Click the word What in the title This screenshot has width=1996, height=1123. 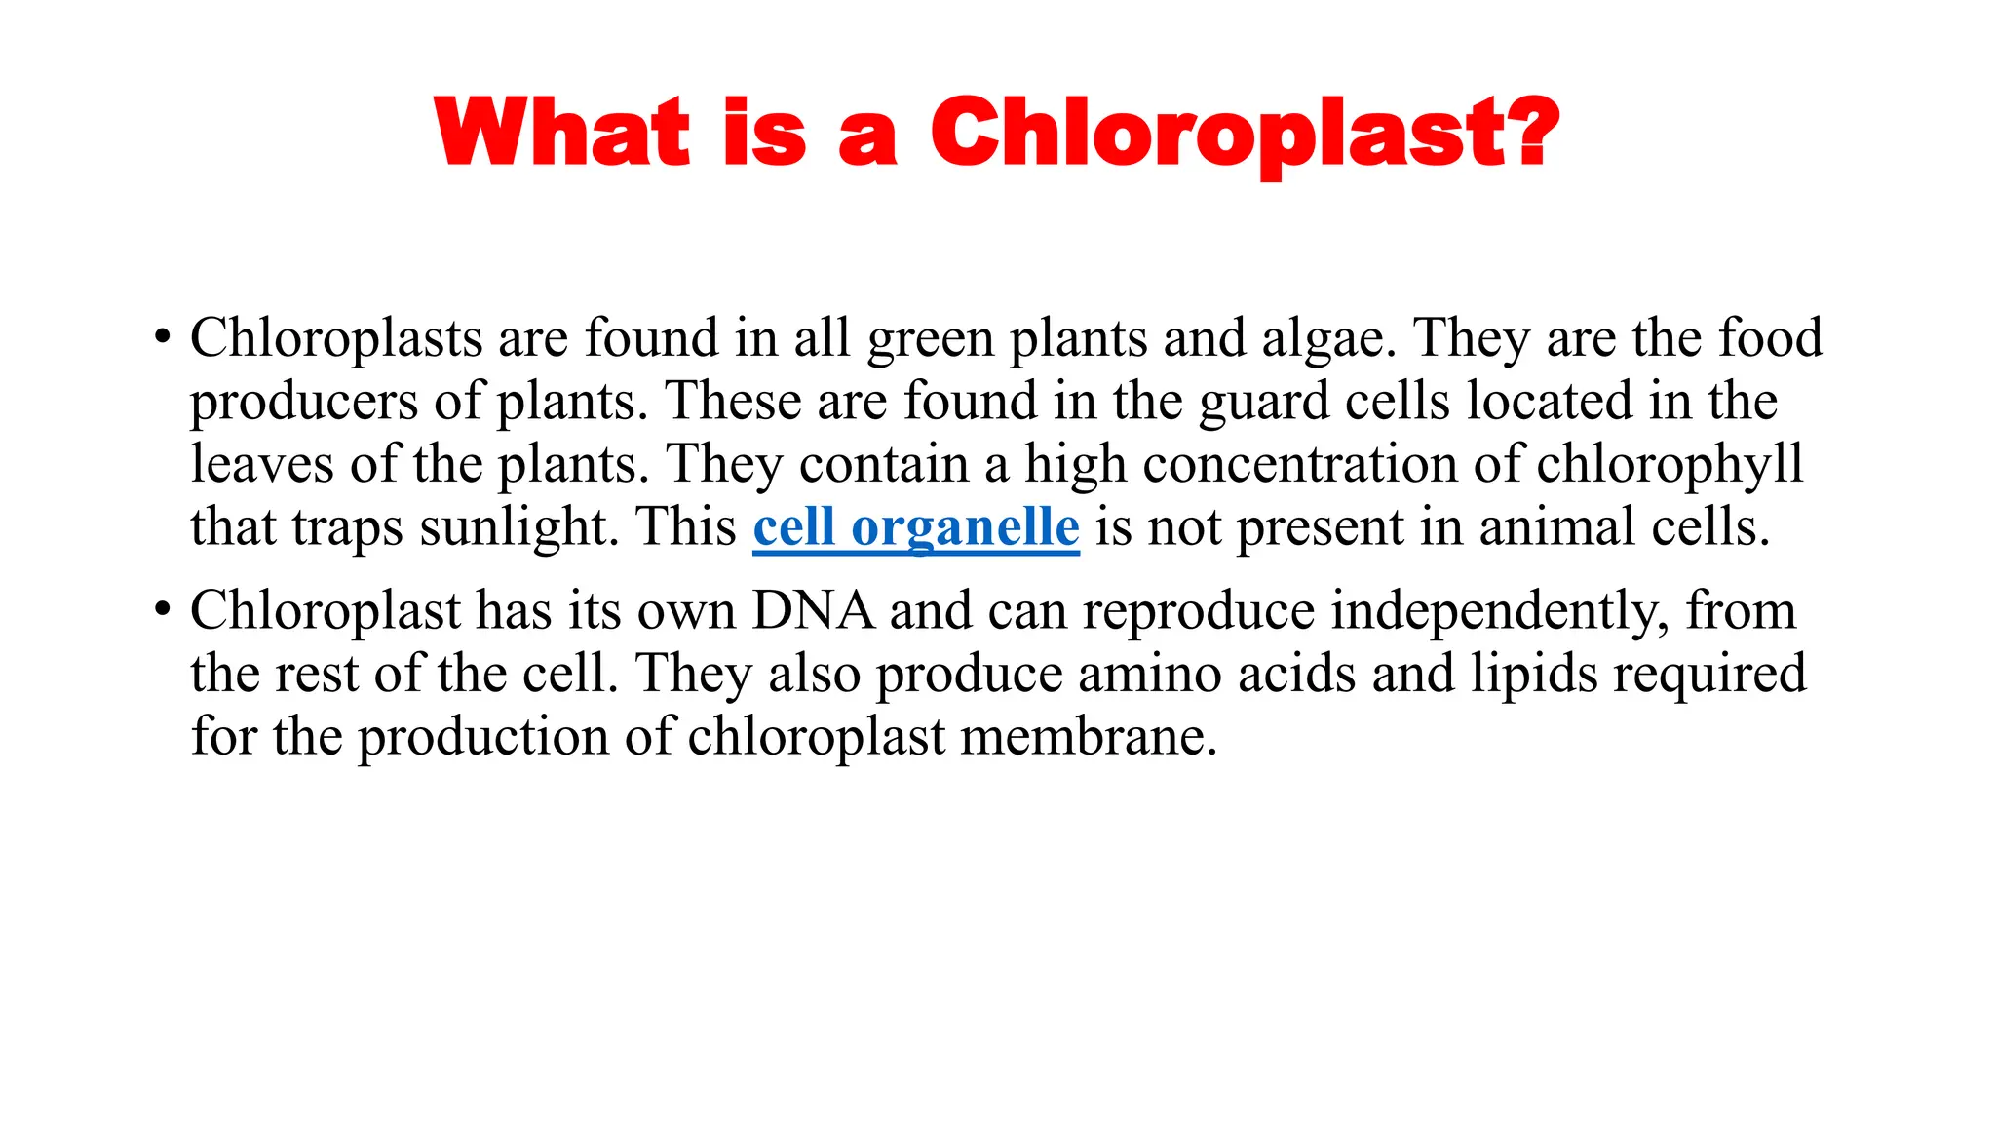562,133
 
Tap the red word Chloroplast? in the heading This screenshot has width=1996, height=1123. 1245,135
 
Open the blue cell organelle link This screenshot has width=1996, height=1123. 916,528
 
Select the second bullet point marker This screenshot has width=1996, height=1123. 162,612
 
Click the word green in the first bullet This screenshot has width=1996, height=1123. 930,340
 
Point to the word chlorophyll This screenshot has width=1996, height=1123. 1670,466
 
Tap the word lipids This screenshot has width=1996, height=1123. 1534,675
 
